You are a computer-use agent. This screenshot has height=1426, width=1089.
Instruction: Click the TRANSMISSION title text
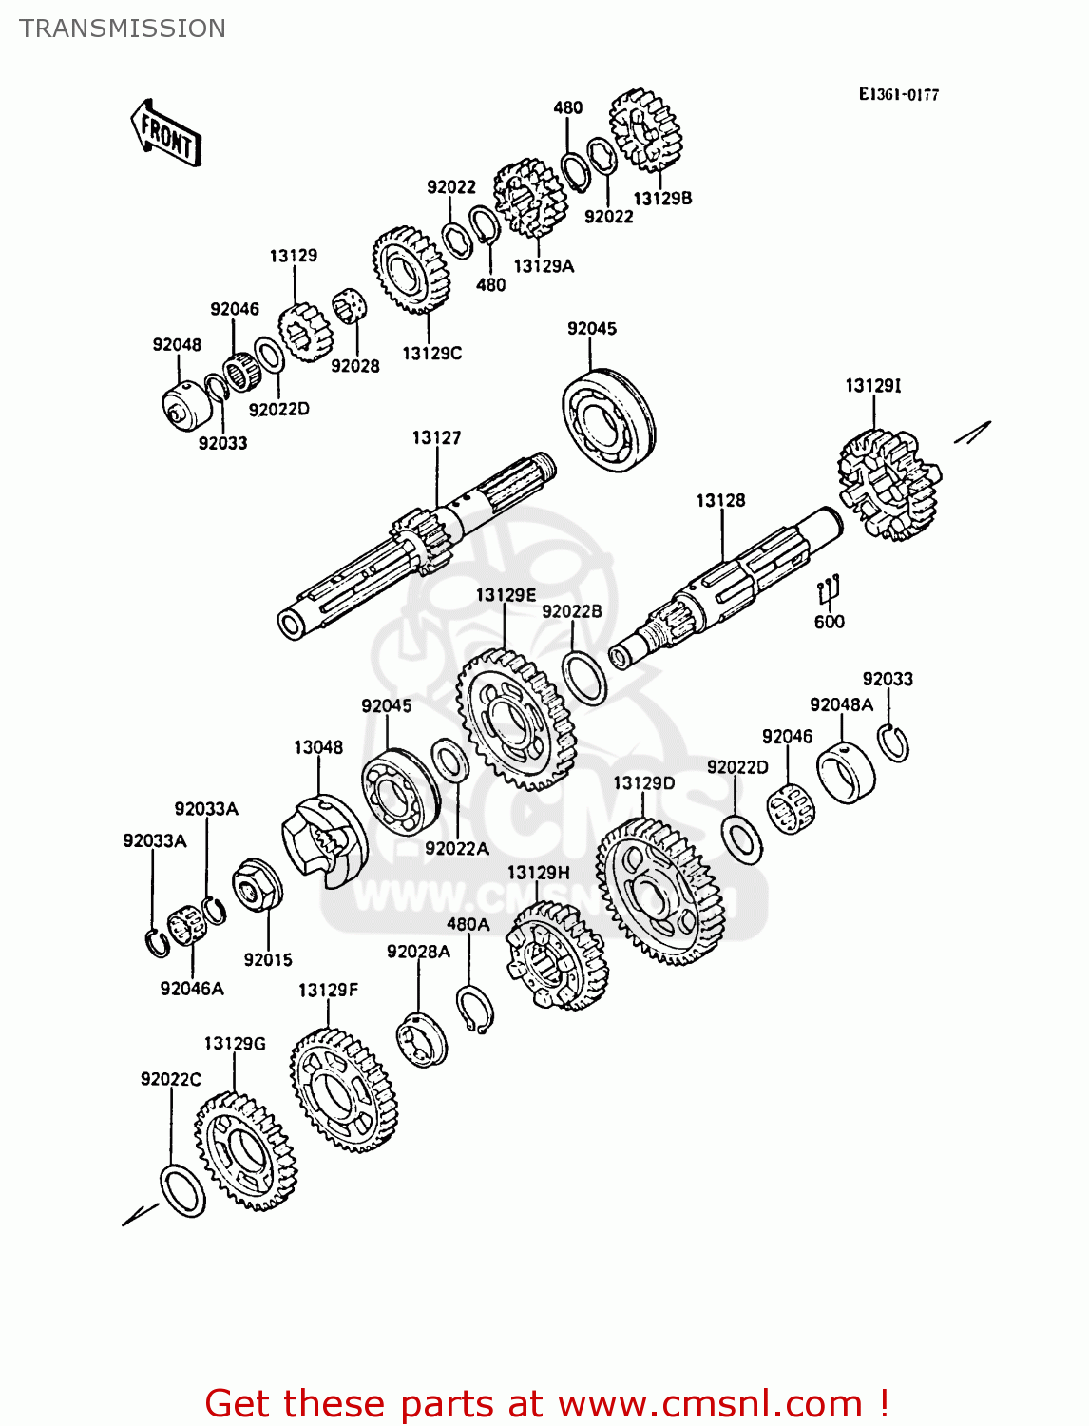click(x=123, y=29)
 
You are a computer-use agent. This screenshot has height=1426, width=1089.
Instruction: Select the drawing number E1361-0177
click(x=898, y=94)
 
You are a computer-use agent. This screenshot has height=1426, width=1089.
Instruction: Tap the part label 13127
click(x=436, y=437)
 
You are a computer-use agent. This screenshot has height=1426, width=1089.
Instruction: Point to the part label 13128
click(x=720, y=500)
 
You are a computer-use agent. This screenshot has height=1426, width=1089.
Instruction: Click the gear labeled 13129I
click(x=888, y=484)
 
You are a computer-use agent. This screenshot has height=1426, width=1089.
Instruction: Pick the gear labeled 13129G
click(x=245, y=1150)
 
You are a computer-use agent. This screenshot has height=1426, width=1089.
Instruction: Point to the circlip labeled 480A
click(x=474, y=1009)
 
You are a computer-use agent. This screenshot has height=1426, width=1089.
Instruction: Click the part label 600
click(x=829, y=622)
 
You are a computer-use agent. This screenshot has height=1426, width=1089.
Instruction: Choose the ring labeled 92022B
click(x=584, y=678)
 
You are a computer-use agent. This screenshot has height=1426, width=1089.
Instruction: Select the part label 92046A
click(x=192, y=989)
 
